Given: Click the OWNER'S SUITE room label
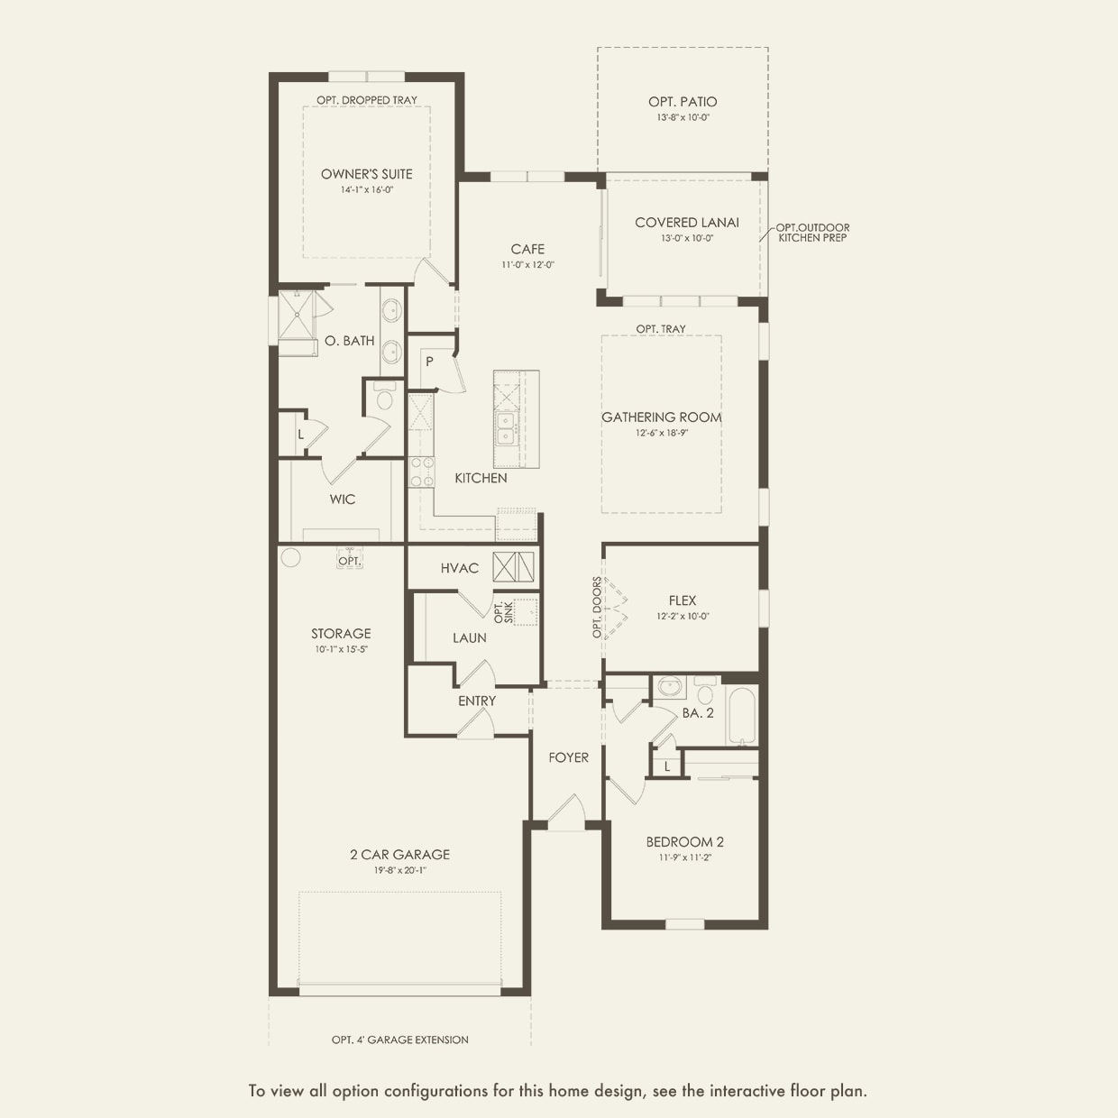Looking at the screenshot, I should pyautogui.click(x=366, y=174).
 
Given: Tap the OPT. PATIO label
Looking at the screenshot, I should pyautogui.click(x=683, y=102).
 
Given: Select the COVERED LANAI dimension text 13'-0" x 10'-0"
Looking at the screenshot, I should pyautogui.click(x=686, y=239).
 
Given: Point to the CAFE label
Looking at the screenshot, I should pyautogui.click(x=527, y=249).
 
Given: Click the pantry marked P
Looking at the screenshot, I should pyautogui.click(x=430, y=362).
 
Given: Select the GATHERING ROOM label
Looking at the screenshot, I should pyautogui.click(x=662, y=417).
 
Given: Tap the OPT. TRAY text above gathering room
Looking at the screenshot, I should pyautogui.click(x=661, y=329).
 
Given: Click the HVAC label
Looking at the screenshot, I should pyautogui.click(x=460, y=568).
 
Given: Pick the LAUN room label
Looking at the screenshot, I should pyautogui.click(x=470, y=637).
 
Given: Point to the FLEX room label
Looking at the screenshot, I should pyautogui.click(x=683, y=600).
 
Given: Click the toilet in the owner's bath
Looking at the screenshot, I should pyautogui.click(x=385, y=399).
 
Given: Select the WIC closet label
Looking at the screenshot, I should pyautogui.click(x=343, y=499).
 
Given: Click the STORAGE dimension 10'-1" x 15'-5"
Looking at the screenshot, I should pyautogui.click(x=341, y=649).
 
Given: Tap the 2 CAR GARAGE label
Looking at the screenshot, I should pyautogui.click(x=399, y=854).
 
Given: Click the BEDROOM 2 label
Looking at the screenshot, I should pyautogui.click(x=684, y=842).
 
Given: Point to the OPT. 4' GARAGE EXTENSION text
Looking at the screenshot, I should pyautogui.click(x=399, y=1040).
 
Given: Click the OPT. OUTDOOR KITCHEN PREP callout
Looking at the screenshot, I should pyautogui.click(x=812, y=233).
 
